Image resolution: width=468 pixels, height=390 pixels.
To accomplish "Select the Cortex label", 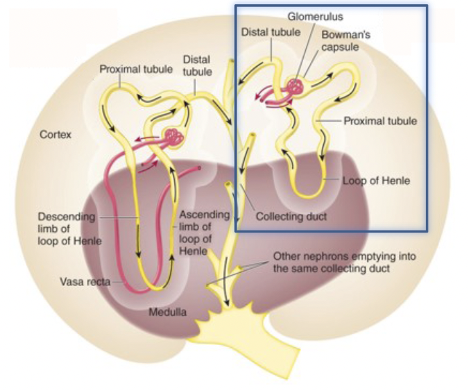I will [x=54, y=135].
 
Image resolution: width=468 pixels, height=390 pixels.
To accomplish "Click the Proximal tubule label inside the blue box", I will [x=380, y=121].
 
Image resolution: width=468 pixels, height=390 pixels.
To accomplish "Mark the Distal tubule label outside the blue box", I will [x=197, y=66].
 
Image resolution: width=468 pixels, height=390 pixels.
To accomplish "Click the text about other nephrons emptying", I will [x=345, y=262].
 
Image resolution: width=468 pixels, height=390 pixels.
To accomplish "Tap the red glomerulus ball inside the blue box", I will [x=295, y=86].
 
